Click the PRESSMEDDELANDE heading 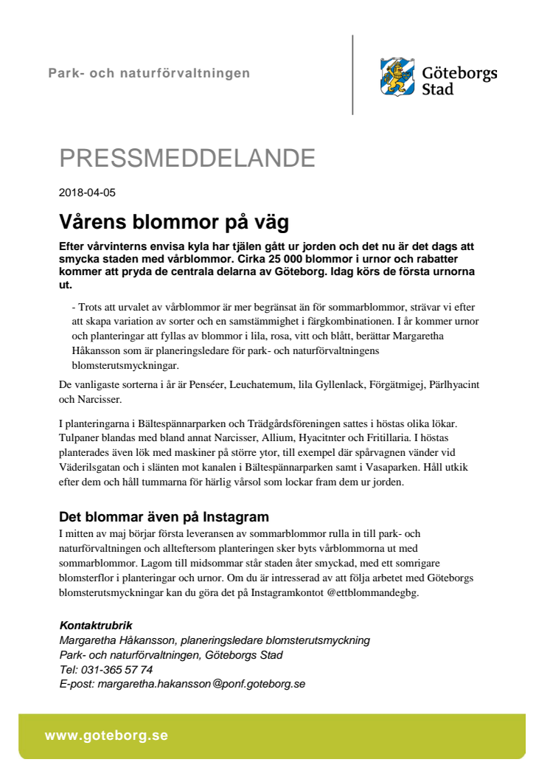pos(187,158)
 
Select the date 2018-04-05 pos(87,193)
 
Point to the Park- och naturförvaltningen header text pos(149,73)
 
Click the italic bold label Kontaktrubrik pos(96,626)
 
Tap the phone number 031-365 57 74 pos(116,670)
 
